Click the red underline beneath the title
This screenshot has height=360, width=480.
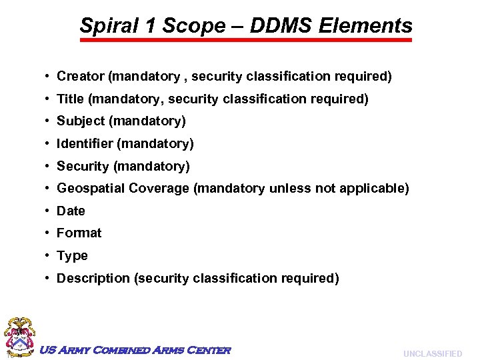point(246,40)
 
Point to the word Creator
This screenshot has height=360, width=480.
point(81,77)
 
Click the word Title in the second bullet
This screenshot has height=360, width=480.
point(70,99)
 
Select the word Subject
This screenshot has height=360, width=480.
point(81,121)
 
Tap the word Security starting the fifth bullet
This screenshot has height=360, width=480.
point(83,166)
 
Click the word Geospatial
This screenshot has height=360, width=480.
point(91,189)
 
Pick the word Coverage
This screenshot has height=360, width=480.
point(159,189)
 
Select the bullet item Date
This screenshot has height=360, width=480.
point(71,211)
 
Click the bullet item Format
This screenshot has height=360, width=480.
point(79,233)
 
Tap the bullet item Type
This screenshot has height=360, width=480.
point(72,256)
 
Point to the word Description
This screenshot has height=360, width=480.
point(93,279)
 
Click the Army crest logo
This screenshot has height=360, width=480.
point(20,337)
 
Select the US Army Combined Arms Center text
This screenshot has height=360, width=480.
point(135,350)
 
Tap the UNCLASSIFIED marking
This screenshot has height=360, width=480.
point(432,354)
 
